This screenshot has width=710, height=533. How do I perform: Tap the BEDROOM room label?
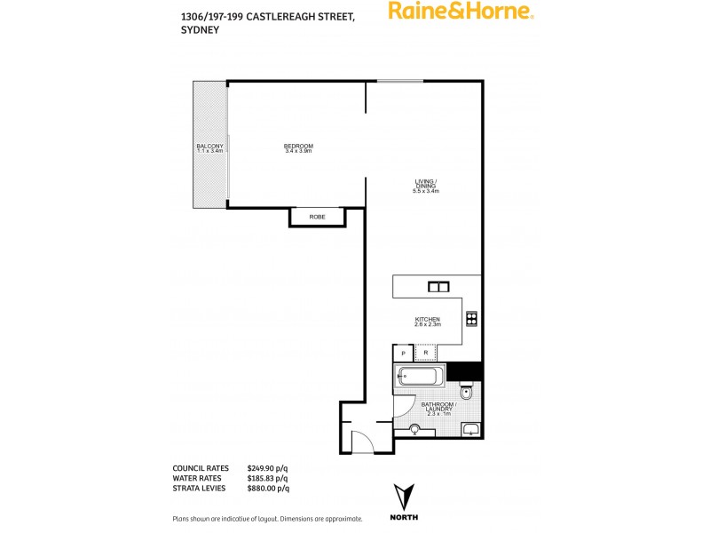point(298,148)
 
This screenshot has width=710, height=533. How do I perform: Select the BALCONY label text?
point(209,148)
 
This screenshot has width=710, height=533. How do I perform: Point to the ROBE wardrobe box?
point(317,217)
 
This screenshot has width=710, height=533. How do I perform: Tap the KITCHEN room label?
point(427,322)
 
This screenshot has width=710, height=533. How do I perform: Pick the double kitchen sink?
point(438,286)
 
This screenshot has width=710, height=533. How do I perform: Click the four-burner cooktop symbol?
point(471,319)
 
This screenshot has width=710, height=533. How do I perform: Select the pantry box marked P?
point(404,354)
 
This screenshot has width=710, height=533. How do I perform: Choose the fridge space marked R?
point(426,354)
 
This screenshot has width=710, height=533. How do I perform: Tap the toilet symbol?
point(468,392)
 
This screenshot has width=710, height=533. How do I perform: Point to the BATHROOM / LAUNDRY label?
point(438,410)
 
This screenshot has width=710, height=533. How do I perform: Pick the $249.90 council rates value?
point(268,468)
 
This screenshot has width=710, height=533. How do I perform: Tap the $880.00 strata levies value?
point(268,488)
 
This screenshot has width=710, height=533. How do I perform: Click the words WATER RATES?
point(198,478)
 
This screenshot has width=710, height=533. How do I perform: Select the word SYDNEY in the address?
point(200,28)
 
